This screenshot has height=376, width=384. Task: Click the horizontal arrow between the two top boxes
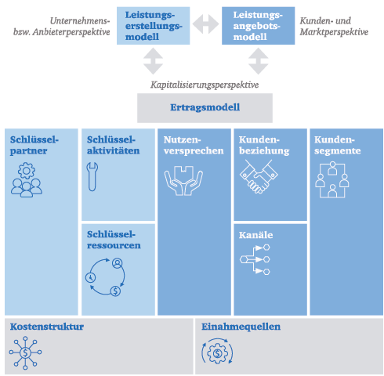[x=205, y=25]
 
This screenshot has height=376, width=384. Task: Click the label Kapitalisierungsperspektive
[x=205, y=85]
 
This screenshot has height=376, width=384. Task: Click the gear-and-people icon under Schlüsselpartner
[x=27, y=180]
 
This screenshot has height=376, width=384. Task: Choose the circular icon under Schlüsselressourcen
[x=105, y=279]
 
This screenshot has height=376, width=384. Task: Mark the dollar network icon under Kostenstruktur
[x=27, y=352]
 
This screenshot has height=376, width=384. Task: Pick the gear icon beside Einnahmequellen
[x=216, y=353]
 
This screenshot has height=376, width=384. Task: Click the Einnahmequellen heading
[x=241, y=327]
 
